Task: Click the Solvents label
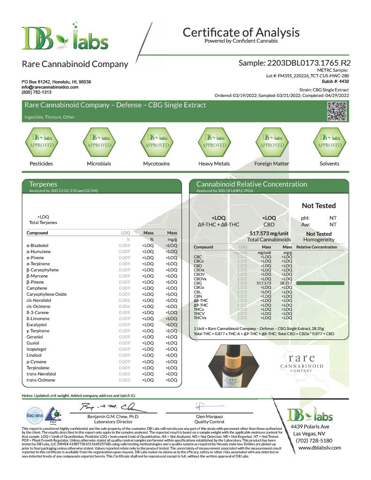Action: point(329,164)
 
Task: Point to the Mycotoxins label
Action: point(156,164)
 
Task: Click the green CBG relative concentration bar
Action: point(317,283)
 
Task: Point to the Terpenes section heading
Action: point(43,184)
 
